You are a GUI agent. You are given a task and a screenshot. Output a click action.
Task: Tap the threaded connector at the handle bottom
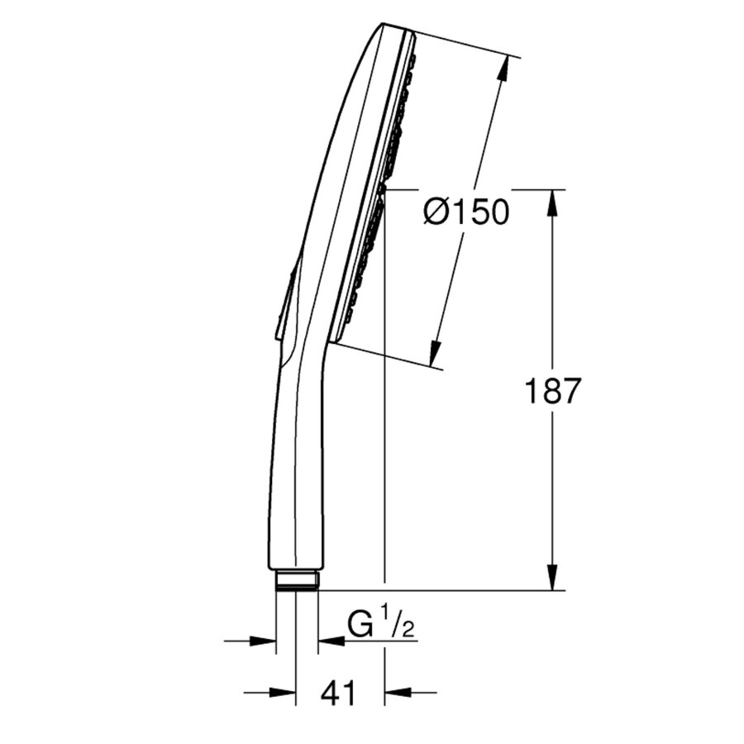[x=297, y=580]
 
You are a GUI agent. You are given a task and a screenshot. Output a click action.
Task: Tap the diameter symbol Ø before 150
[x=436, y=212]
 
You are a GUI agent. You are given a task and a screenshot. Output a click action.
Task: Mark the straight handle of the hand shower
[x=296, y=479]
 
